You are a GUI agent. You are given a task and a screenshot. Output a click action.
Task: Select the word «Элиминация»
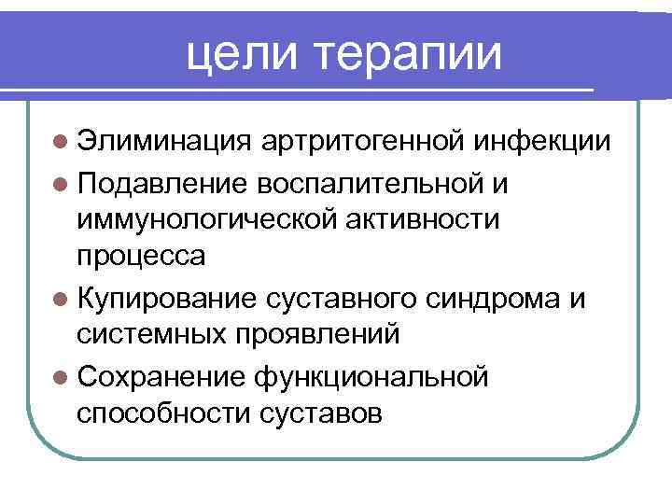coord(162,142)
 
